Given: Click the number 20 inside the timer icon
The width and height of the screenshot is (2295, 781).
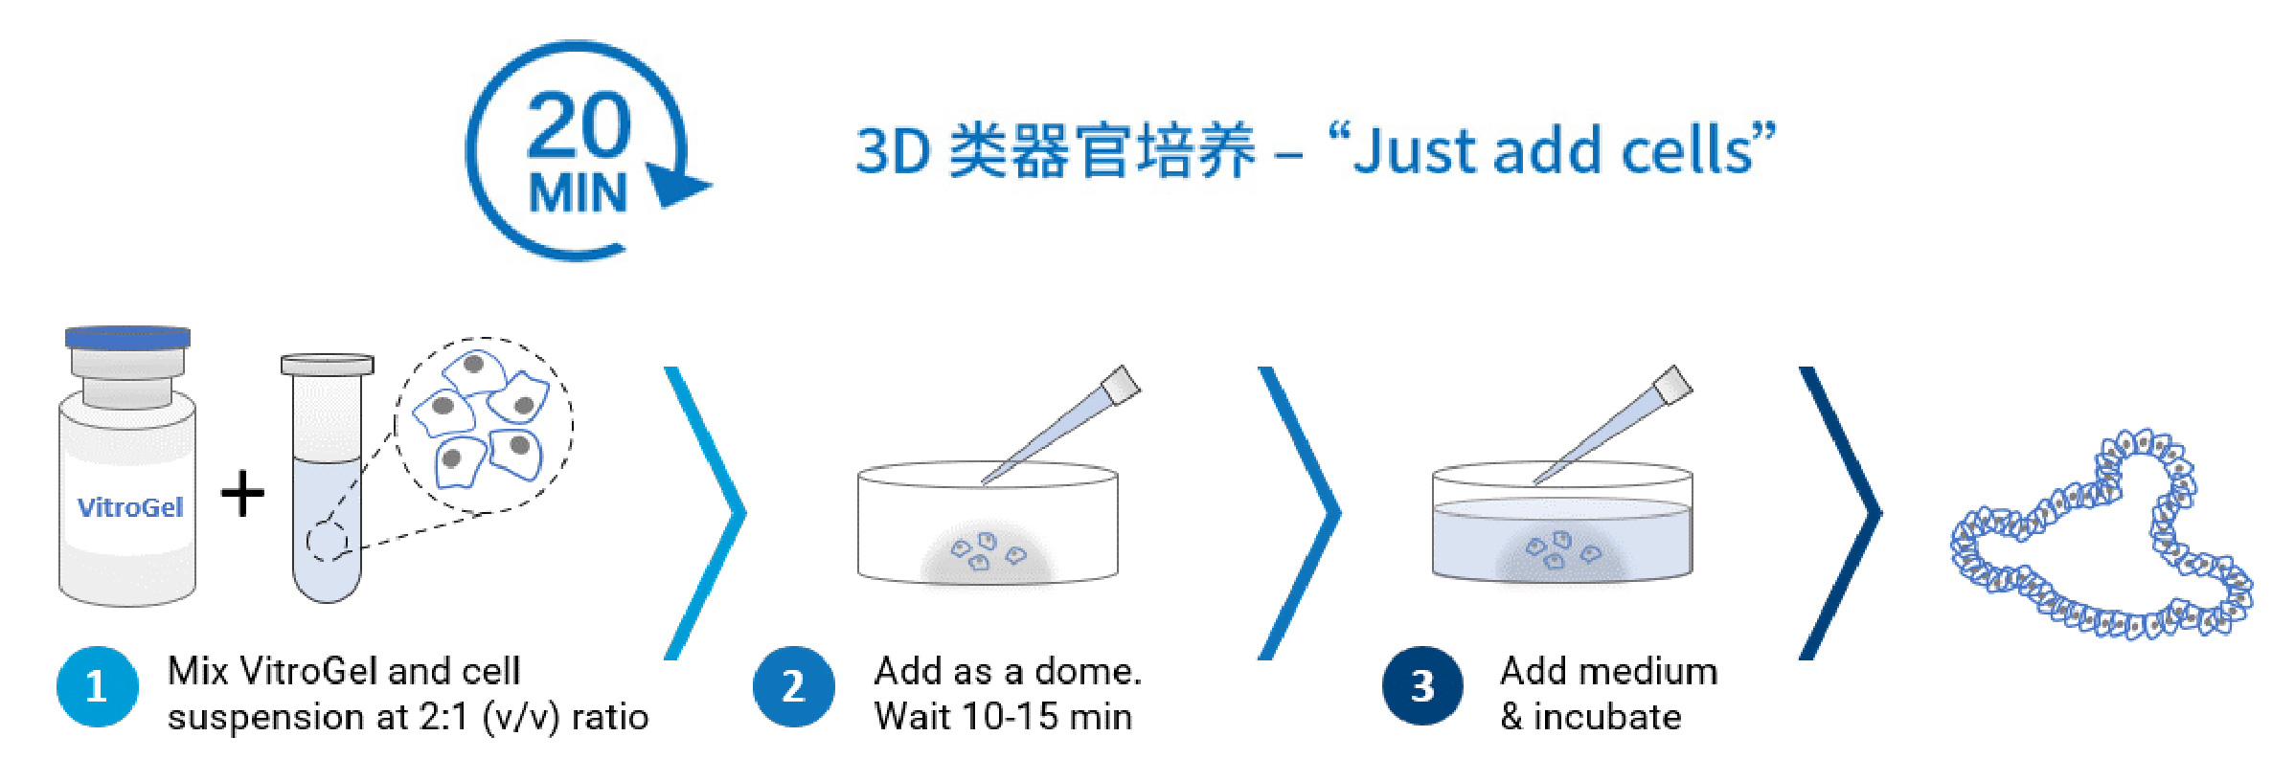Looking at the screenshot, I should (579, 125).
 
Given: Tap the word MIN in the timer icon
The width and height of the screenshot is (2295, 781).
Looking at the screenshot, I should (579, 193).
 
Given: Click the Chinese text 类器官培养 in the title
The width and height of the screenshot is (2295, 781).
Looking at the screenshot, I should (1101, 151).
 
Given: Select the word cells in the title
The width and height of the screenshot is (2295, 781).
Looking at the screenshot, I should (1685, 151).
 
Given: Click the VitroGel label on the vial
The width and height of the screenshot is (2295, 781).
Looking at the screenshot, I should (130, 507).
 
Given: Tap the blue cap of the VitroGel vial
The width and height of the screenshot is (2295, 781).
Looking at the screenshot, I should (127, 337).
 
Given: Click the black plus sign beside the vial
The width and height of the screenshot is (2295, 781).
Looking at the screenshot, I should (242, 494).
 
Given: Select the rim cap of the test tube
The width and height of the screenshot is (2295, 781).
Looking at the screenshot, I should (327, 365).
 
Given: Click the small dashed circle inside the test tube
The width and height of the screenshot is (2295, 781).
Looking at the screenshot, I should (327, 542).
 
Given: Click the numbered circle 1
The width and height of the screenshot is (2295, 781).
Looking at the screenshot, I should (97, 686).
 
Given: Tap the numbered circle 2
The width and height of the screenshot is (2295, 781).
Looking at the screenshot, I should (793, 686).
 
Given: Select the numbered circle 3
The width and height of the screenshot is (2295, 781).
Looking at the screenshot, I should (1422, 686).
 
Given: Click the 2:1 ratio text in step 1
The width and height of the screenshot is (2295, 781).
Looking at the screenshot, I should (443, 717).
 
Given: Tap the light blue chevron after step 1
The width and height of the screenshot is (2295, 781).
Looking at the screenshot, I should (706, 513).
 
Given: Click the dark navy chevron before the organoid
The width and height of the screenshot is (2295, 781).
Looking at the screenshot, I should (1841, 513).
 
